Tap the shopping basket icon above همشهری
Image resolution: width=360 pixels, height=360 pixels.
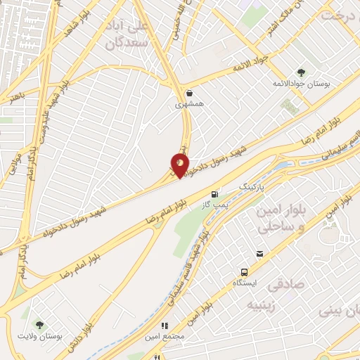click(189, 93)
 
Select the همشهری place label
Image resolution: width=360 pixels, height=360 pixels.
click(189, 104)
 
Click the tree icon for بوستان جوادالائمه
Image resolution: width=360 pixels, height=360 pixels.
click(301, 72)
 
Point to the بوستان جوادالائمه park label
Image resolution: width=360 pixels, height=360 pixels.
click(301, 84)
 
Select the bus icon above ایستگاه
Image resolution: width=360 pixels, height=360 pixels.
click(244, 272)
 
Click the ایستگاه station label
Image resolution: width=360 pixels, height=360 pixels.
click(245, 283)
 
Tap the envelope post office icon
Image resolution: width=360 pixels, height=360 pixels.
click(259, 253)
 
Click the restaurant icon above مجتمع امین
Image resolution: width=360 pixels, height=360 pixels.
click(166, 326)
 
